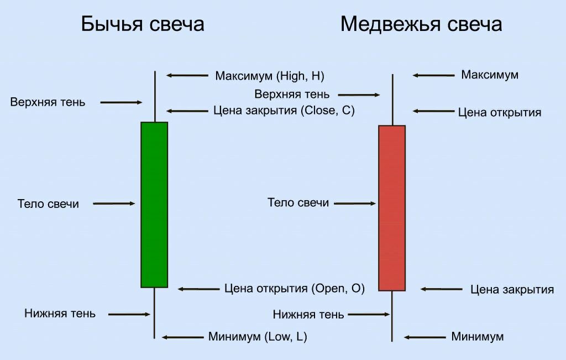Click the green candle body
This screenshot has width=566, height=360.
point(154,205)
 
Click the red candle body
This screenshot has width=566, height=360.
point(392,208)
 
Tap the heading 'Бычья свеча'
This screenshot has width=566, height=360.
point(143,24)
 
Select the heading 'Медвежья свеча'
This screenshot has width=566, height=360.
point(421,24)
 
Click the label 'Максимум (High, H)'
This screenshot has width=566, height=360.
point(270,75)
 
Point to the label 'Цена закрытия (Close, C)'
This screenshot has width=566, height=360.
point(284,111)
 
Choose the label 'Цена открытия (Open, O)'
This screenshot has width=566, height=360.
point(295,288)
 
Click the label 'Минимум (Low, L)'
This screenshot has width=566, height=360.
point(258,337)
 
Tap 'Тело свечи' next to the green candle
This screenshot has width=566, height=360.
point(48,204)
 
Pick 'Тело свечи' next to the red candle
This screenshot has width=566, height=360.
point(298,202)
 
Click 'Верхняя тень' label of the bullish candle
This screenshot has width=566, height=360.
point(48,102)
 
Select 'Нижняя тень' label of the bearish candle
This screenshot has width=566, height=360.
point(308,315)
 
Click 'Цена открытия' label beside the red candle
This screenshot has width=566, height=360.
point(500,113)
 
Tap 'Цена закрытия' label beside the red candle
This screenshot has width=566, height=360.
point(512,289)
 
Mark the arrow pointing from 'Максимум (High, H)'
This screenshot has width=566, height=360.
point(187,75)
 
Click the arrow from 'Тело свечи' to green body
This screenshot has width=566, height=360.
point(114,204)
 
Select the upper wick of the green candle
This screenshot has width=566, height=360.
point(155,97)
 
